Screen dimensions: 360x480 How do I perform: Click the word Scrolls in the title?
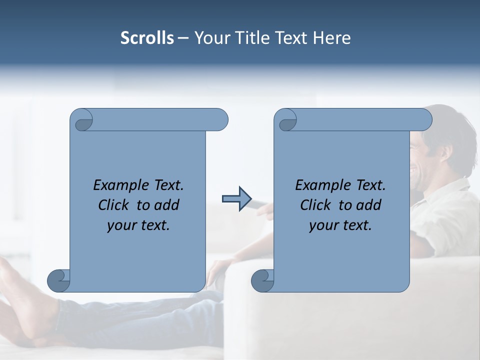[x=147, y=38]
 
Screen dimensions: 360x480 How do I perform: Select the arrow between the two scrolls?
[x=236, y=199]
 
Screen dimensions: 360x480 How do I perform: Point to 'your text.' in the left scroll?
[x=138, y=225]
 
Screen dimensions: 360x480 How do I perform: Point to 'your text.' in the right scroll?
[x=340, y=225]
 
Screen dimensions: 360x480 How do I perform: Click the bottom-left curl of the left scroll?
[x=58, y=280]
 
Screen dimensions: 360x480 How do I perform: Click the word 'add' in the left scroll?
[x=166, y=205]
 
